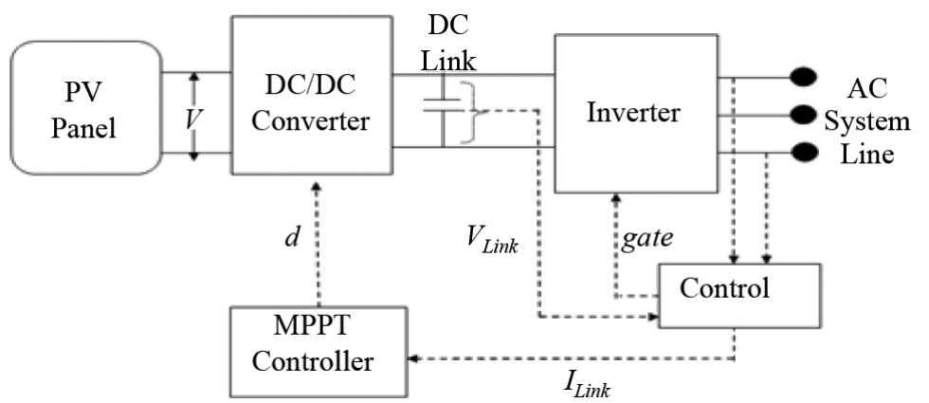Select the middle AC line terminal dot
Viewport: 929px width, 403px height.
tap(808, 115)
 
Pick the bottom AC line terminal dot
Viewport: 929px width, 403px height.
tap(808, 152)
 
